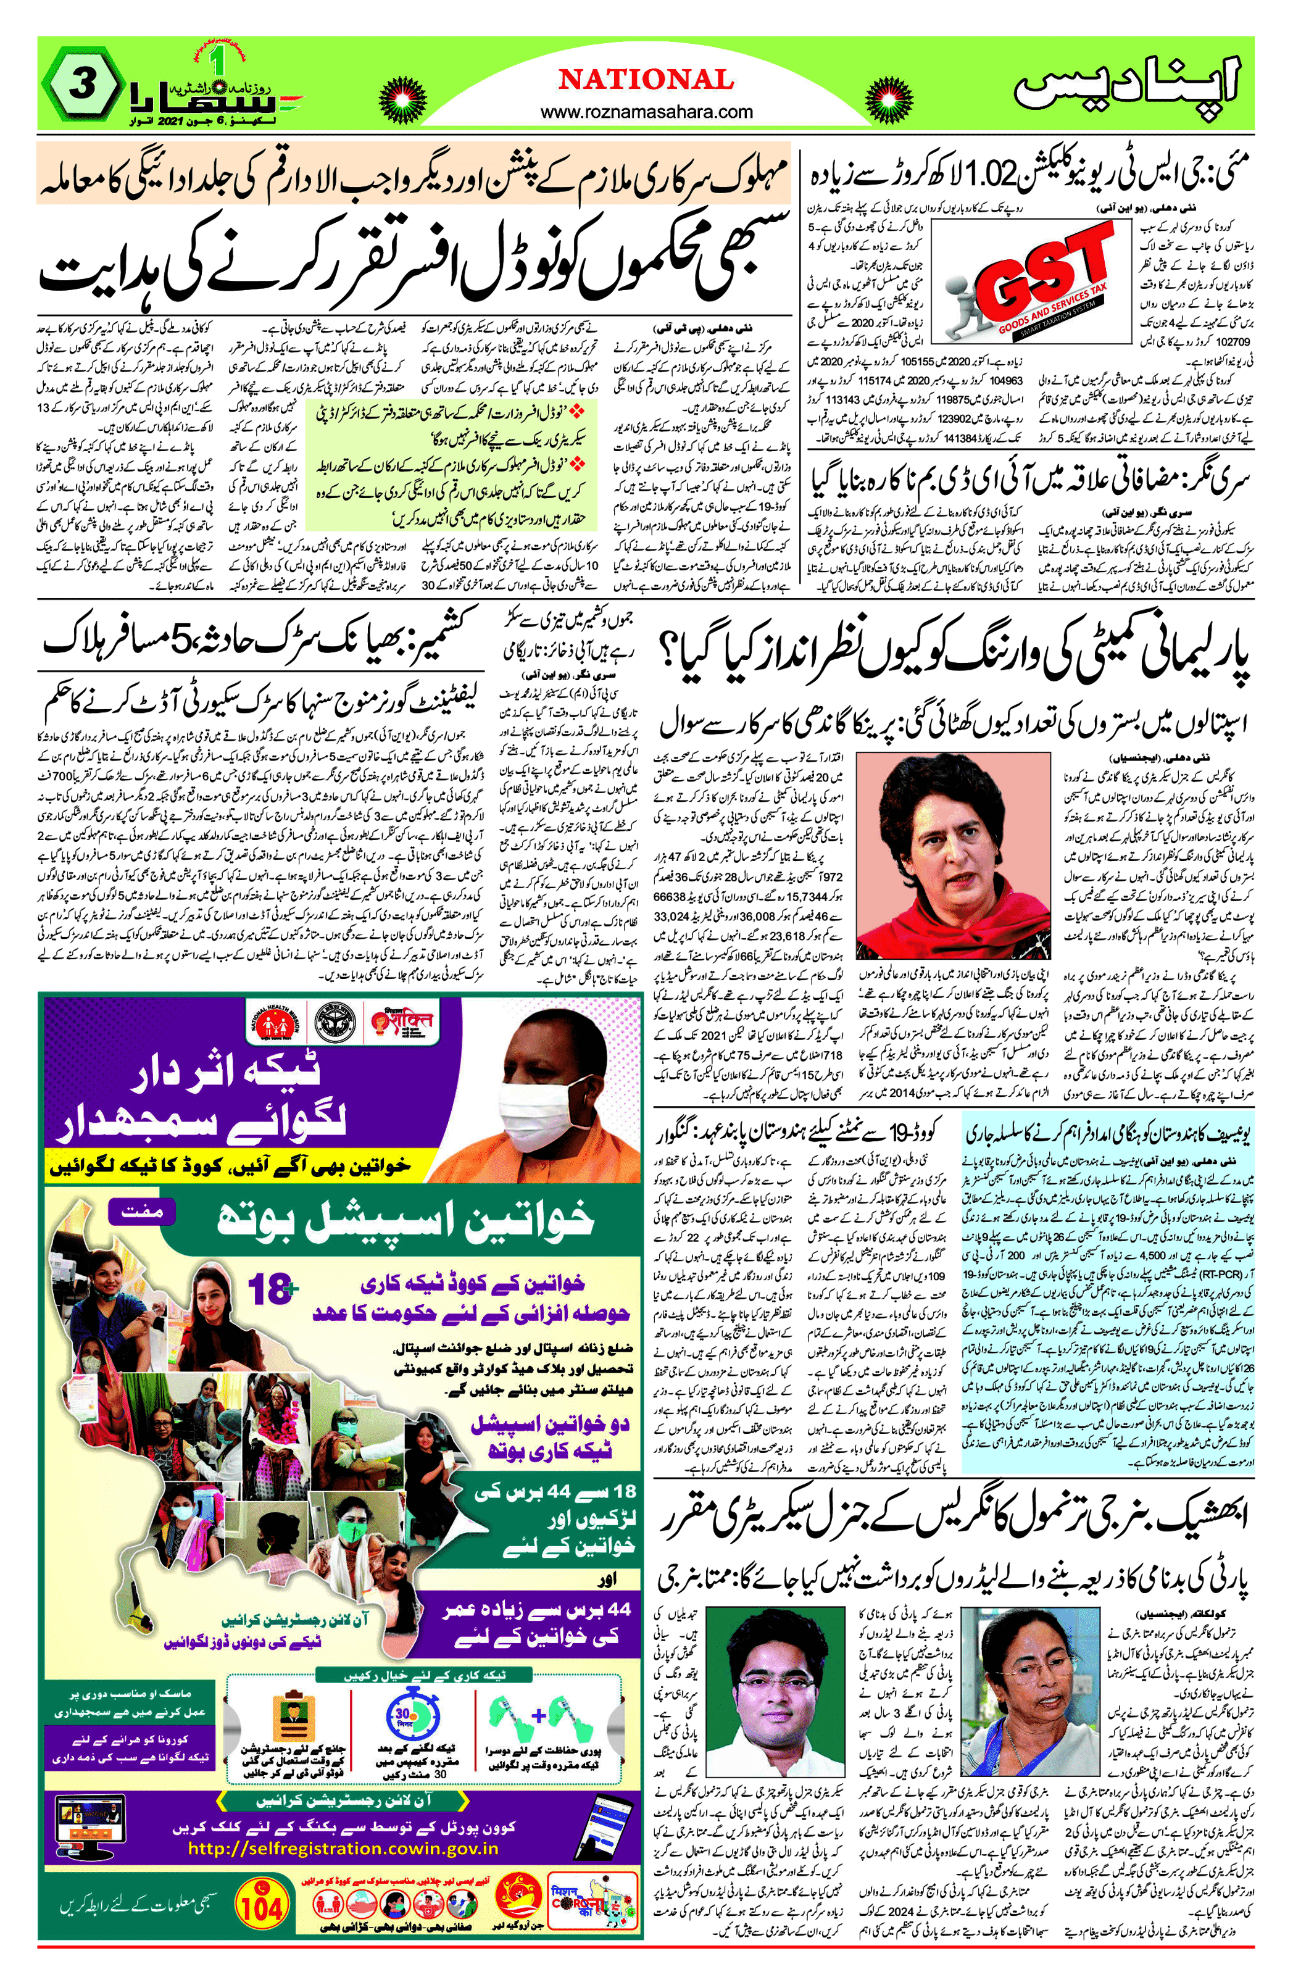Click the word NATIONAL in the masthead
tap(647, 80)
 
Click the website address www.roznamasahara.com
tap(647, 112)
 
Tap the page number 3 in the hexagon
tap(80, 86)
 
